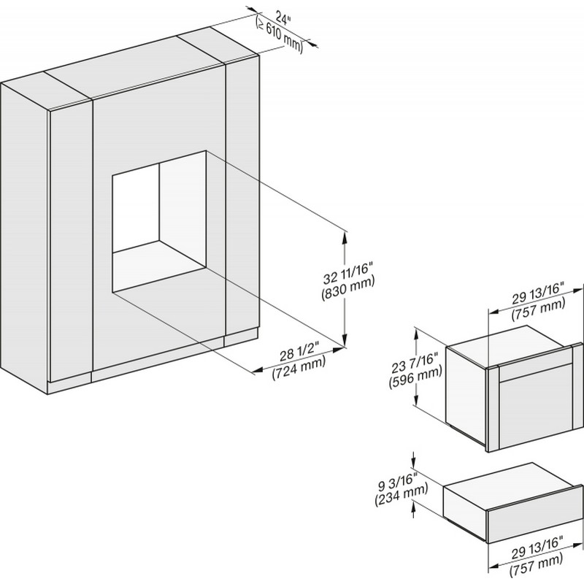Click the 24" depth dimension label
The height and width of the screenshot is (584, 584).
(283, 18)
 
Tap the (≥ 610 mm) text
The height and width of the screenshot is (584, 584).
(280, 35)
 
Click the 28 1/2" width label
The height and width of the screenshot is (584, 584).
(300, 353)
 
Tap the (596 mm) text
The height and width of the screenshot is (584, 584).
(415, 378)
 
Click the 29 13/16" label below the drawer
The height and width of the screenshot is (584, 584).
(537, 545)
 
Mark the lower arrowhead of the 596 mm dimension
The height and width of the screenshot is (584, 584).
(417, 399)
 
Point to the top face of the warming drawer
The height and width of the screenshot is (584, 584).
(510, 487)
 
